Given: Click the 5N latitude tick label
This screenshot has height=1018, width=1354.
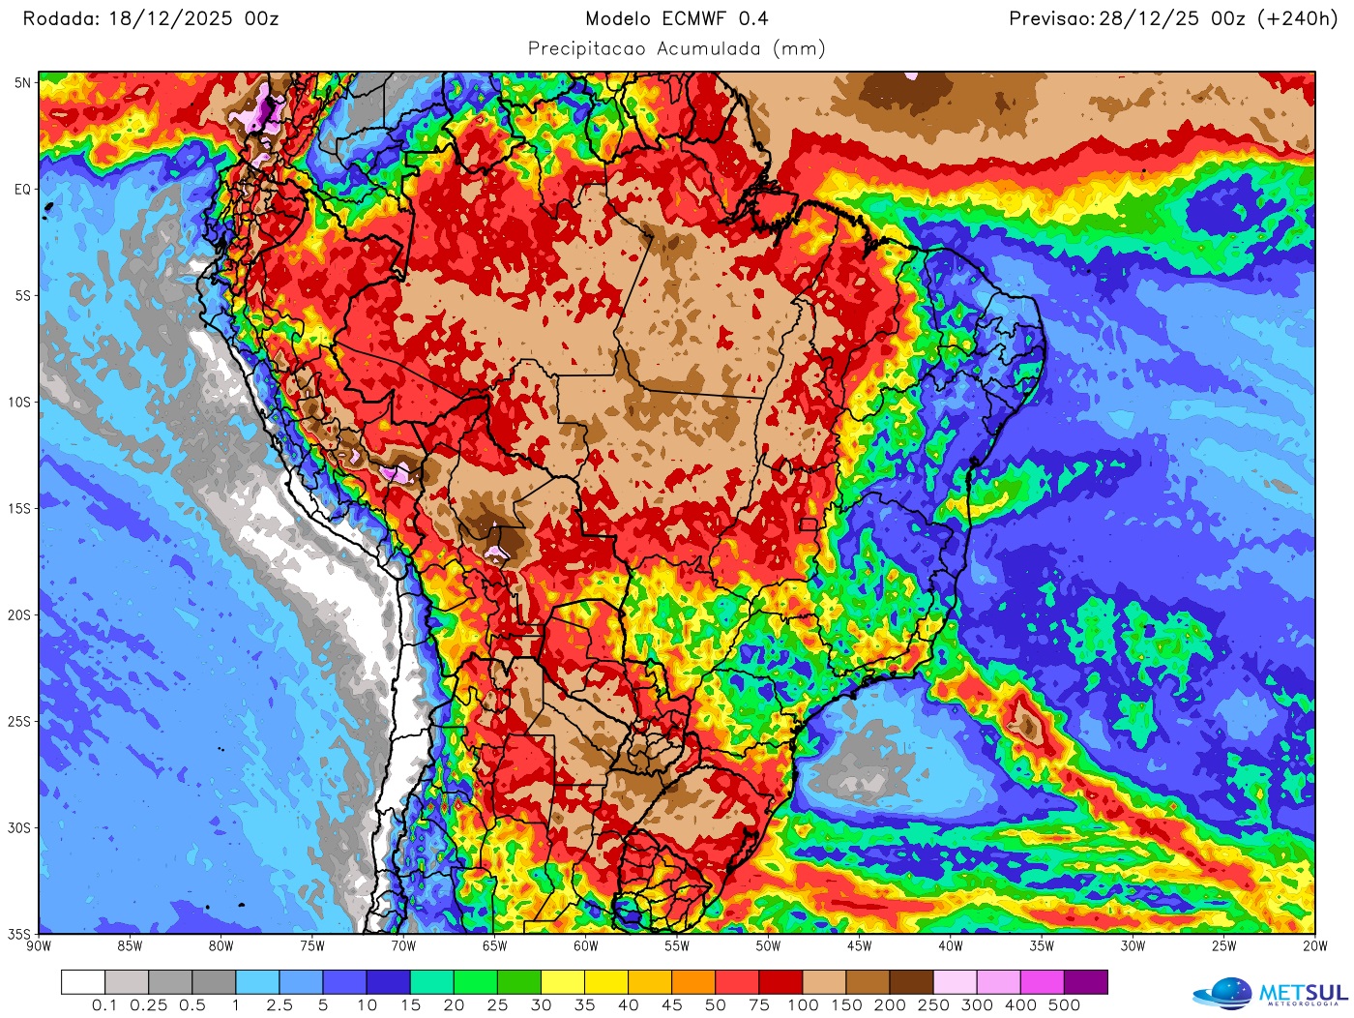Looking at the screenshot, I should click(x=22, y=83).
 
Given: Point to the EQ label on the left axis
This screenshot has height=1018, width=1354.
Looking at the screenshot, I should click(x=22, y=190).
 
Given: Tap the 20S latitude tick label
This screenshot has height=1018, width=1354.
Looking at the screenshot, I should click(x=20, y=615).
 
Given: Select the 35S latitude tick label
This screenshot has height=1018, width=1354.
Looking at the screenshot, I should click(x=20, y=935).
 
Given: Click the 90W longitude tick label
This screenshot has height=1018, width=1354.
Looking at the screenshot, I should click(x=39, y=946).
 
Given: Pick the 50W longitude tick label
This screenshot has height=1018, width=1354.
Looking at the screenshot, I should click(x=768, y=946).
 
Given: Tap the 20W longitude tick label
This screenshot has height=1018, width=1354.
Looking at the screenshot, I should click(x=1314, y=946).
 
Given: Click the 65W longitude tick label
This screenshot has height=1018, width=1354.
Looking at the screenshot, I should click(x=494, y=946).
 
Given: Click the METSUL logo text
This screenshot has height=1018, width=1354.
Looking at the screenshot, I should click(x=1303, y=994).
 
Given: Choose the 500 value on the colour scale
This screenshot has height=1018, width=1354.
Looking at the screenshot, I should click(x=1064, y=1005).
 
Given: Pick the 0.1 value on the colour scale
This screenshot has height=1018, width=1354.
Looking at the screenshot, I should click(x=104, y=1005).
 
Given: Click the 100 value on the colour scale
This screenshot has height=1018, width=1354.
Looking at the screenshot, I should click(x=803, y=1005).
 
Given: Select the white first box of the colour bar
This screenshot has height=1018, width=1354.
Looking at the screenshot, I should click(x=83, y=982).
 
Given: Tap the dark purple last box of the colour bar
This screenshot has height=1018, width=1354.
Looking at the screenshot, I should click(x=1085, y=982).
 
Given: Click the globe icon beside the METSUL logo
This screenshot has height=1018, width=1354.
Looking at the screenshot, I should click(x=1226, y=994).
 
